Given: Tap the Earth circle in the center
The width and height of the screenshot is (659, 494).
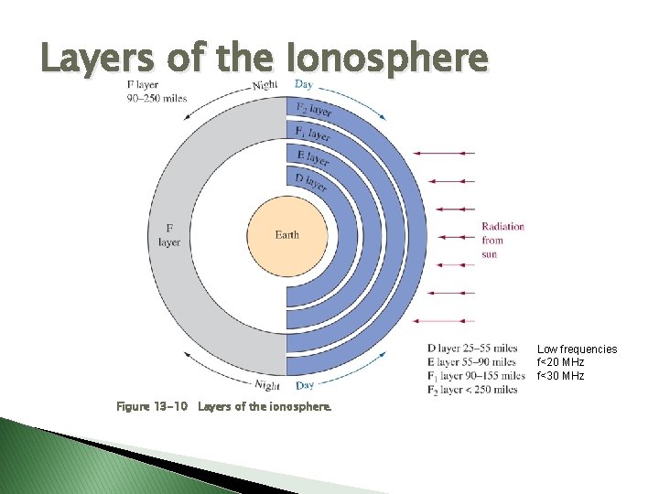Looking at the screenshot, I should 286,235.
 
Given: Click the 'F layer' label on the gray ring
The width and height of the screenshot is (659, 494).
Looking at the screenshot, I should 169,235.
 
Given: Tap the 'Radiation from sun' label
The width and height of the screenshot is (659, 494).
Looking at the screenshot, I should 502,240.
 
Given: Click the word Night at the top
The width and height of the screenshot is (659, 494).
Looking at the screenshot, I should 265,86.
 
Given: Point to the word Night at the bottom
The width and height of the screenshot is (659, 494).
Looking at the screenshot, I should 266,385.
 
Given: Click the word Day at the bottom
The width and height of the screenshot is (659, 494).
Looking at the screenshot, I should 305,385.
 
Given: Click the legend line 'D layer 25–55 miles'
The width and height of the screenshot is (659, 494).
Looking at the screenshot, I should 471,348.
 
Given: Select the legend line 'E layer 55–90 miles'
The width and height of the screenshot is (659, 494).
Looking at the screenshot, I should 471,361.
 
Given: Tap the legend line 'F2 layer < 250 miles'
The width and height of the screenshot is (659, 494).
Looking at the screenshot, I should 471,390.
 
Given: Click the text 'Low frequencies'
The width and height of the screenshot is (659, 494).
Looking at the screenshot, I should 577,349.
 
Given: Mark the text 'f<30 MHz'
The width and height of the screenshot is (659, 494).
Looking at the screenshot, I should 560,376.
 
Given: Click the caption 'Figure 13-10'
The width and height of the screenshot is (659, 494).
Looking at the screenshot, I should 150,405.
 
